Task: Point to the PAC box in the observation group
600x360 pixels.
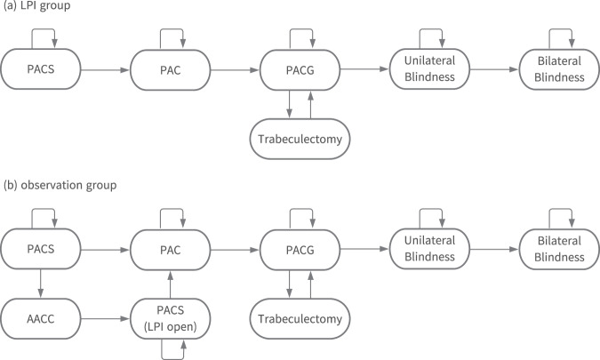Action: pos(169,244)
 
